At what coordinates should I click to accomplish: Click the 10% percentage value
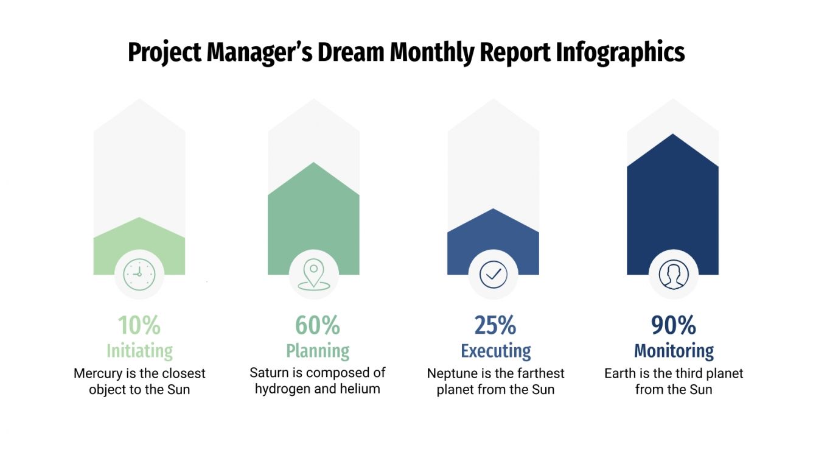(139, 325)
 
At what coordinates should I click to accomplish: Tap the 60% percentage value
(318, 325)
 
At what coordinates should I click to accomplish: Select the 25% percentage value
(495, 325)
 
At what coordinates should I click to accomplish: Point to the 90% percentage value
(674, 325)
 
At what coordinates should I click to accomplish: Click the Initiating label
(139, 351)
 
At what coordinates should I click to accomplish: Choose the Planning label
(318, 351)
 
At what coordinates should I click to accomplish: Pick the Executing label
(495, 351)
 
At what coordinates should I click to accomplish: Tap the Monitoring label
(674, 351)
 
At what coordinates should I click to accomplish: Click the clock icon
(139, 275)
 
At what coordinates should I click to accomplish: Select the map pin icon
(313, 275)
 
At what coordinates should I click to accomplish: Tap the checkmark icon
(493, 275)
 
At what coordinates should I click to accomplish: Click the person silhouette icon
(673, 275)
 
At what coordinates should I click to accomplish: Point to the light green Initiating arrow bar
(139, 244)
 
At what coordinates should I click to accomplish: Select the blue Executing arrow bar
(493, 238)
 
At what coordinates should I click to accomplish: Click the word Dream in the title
(350, 53)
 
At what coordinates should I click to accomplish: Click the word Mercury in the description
(97, 373)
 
